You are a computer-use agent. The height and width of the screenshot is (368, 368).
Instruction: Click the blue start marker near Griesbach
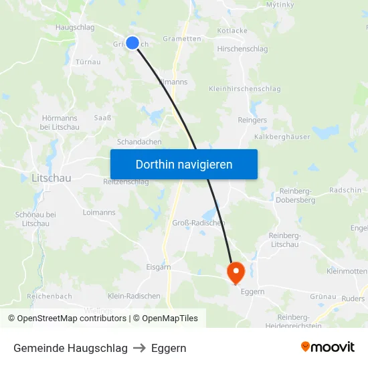pos(132,43)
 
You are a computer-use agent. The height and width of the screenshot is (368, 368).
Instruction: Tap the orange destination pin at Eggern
pos(236,272)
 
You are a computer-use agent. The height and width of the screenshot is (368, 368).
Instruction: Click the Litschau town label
pos(52,178)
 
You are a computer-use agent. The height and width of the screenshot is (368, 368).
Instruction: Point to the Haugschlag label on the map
pos(75,27)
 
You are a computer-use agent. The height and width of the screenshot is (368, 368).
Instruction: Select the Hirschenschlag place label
pos(242,49)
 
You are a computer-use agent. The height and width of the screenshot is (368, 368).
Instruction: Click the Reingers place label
pos(252,120)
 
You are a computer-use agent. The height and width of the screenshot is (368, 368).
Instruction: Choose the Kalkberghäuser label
pos(283,136)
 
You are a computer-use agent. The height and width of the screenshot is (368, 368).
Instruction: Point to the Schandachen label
pos(139,142)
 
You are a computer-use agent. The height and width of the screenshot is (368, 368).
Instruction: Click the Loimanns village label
pos(98,212)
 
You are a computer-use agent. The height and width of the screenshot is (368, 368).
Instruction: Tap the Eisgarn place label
pos(159,266)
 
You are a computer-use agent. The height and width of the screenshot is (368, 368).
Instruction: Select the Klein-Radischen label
pos(134,296)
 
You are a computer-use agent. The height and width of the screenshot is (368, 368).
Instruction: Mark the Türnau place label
pos(88,62)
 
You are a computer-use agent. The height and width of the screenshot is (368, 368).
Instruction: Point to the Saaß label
pos(102,118)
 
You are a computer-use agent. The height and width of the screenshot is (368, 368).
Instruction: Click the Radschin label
pos(345,190)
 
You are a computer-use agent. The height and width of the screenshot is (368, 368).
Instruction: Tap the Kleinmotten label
pos(347,271)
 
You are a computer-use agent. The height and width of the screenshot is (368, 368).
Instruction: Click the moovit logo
pos(327,347)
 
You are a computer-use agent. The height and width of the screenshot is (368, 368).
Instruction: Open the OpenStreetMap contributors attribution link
pos(72,318)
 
